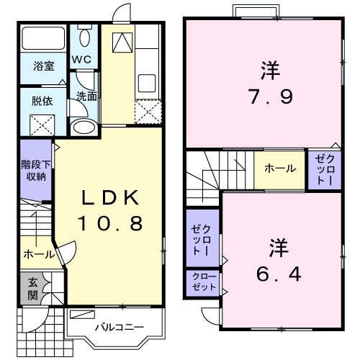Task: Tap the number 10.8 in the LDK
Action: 108,225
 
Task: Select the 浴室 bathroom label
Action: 44,66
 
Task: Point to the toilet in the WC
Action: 84,37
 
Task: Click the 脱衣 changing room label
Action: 40,102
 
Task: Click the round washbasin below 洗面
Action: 84,127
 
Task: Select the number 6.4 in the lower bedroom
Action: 278,274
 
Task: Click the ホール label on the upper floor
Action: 279,168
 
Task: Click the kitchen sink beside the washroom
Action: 148,83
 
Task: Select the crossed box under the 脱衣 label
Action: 41,125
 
